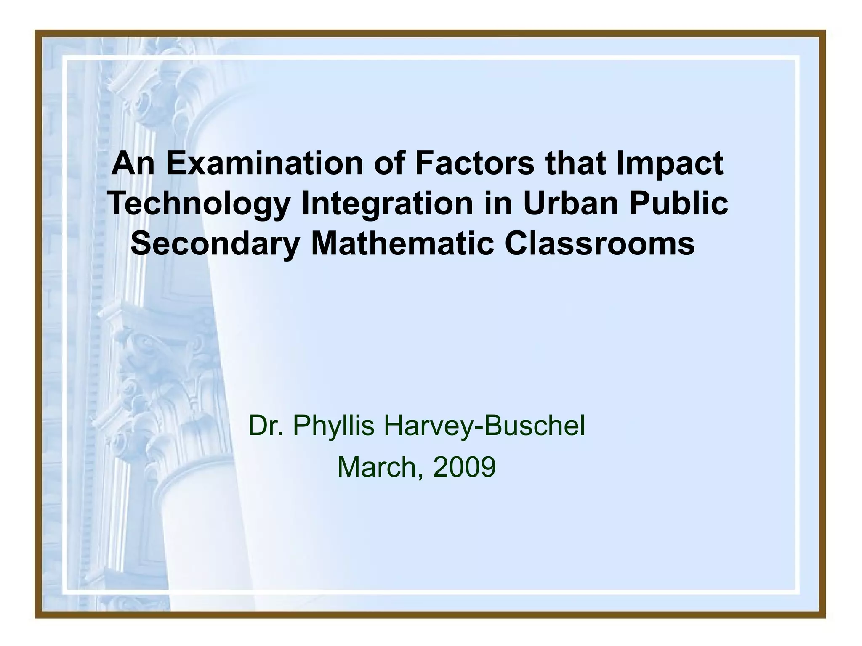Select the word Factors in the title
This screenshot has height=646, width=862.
(474, 163)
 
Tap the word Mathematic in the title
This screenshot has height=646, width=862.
(402, 244)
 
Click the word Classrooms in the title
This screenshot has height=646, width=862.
(600, 244)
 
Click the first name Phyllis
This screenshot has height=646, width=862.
(333, 426)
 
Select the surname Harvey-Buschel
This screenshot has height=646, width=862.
(484, 426)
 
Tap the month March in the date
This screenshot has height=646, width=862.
(380, 467)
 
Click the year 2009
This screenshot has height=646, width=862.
(464, 467)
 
